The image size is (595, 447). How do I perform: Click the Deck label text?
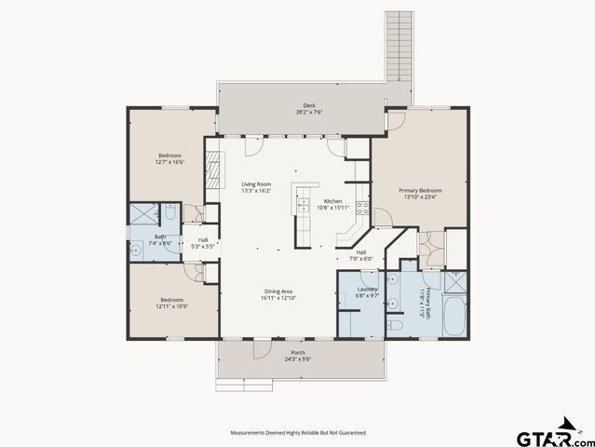pyautogui.click(x=308, y=104)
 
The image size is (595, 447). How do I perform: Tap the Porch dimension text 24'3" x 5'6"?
pyautogui.click(x=298, y=359)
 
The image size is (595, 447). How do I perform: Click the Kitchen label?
pyautogui.click(x=332, y=201)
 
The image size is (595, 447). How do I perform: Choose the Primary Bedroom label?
pyautogui.click(x=422, y=190)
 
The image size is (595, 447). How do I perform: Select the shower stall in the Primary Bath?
pyautogui.click(x=456, y=281)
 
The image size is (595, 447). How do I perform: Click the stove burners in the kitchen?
pyautogui.click(x=363, y=209)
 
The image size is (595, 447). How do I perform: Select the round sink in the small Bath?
pyautogui.click(x=135, y=248)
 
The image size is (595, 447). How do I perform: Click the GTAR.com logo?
pyautogui.click(x=548, y=436)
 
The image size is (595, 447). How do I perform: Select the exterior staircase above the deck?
pyautogui.click(x=399, y=46)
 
